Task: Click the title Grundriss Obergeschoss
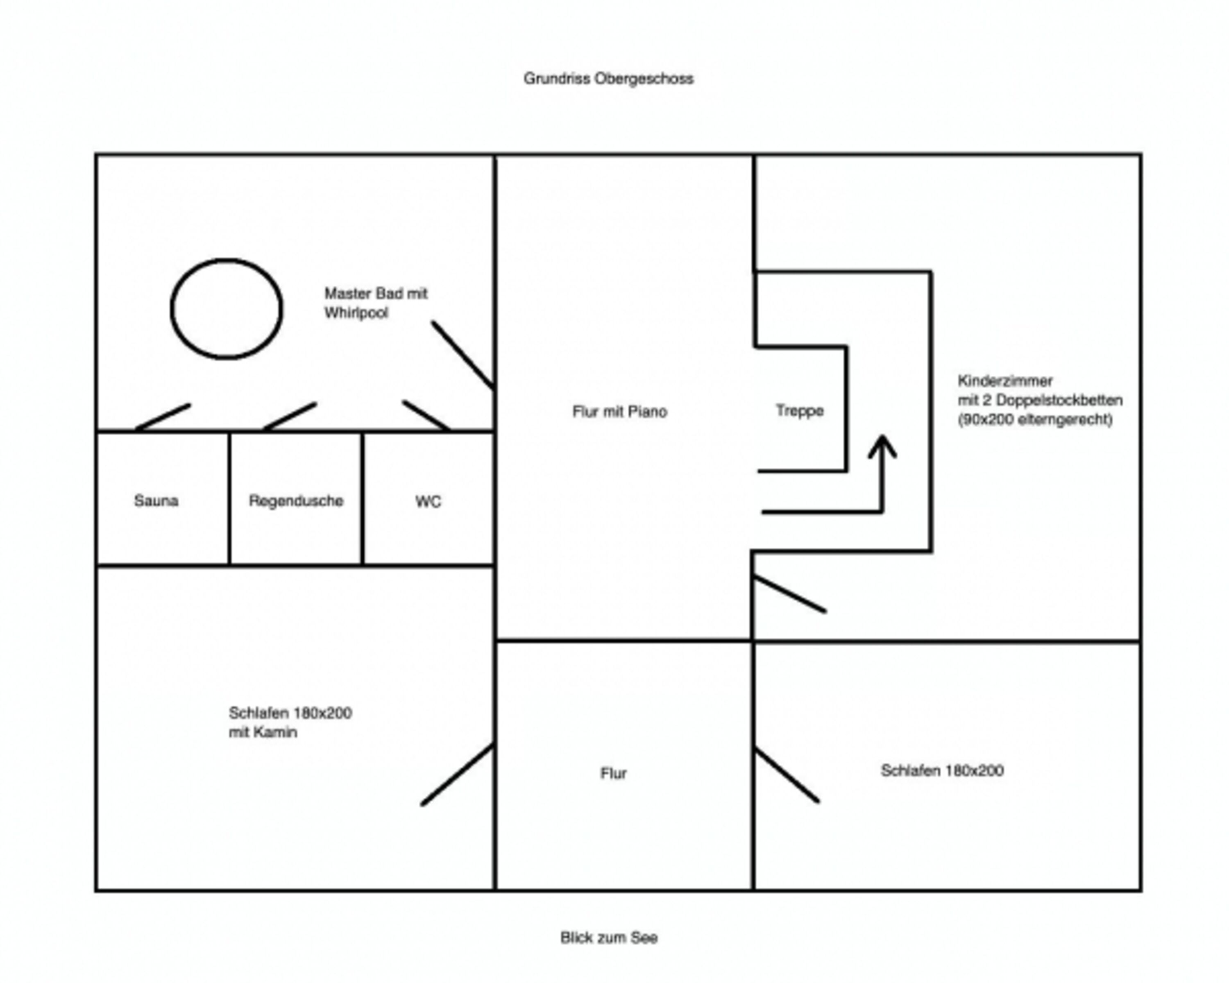click(x=608, y=79)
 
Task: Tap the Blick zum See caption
click(x=609, y=938)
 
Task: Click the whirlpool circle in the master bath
click(x=171, y=309)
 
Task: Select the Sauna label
click(x=156, y=501)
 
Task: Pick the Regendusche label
click(x=296, y=501)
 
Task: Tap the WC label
click(x=428, y=501)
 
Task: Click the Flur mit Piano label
click(x=620, y=412)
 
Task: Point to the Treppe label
click(x=800, y=411)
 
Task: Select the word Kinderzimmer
click(x=1005, y=380)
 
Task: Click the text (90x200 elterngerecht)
click(x=1035, y=419)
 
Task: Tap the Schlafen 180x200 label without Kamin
click(x=942, y=770)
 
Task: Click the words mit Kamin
click(x=263, y=732)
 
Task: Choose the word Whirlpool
click(x=356, y=313)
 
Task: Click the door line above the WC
click(x=426, y=415)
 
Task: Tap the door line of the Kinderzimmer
click(x=789, y=594)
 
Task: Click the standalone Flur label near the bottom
click(x=613, y=773)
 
